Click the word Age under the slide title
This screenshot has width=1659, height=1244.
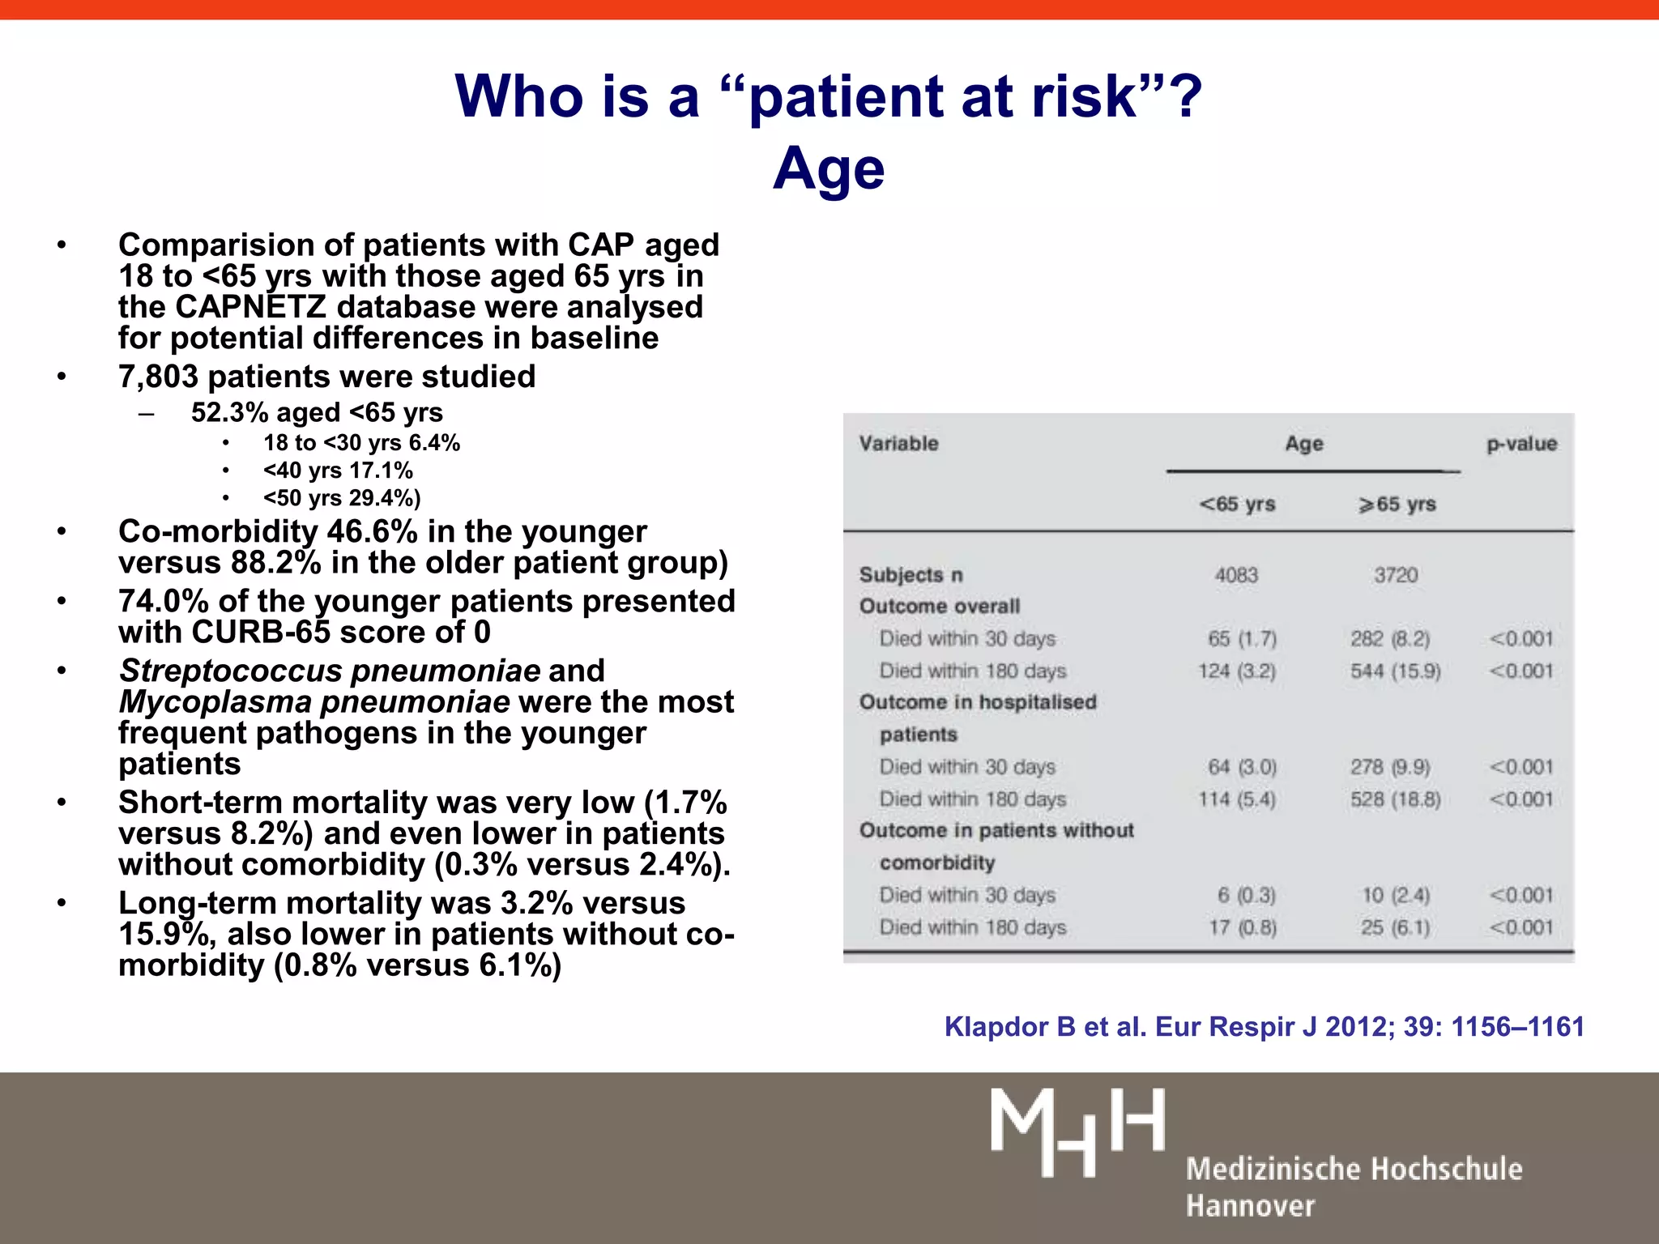pos(829,168)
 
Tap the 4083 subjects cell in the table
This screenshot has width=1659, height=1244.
pos(1236,575)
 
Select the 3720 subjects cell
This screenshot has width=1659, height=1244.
pos(1396,575)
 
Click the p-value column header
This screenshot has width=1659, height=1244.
pos(1521,444)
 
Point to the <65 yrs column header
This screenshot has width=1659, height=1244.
pos(1237,504)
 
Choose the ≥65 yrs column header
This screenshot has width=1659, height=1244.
pos(1397,504)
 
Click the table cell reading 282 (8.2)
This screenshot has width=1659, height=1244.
pos(1390,639)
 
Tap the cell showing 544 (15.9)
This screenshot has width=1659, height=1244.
pos(1395,671)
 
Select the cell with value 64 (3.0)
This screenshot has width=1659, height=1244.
pos(1242,767)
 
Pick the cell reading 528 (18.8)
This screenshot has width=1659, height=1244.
pos(1395,799)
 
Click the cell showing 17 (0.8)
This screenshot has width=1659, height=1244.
pos(1243,927)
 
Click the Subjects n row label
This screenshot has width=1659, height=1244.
pos(911,575)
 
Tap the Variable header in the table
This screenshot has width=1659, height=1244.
pos(898,444)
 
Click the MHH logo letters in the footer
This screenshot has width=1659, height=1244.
pos(1077,1131)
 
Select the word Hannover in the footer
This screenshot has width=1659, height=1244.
pos(1250,1206)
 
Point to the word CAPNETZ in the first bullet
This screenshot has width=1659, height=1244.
pos(251,308)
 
